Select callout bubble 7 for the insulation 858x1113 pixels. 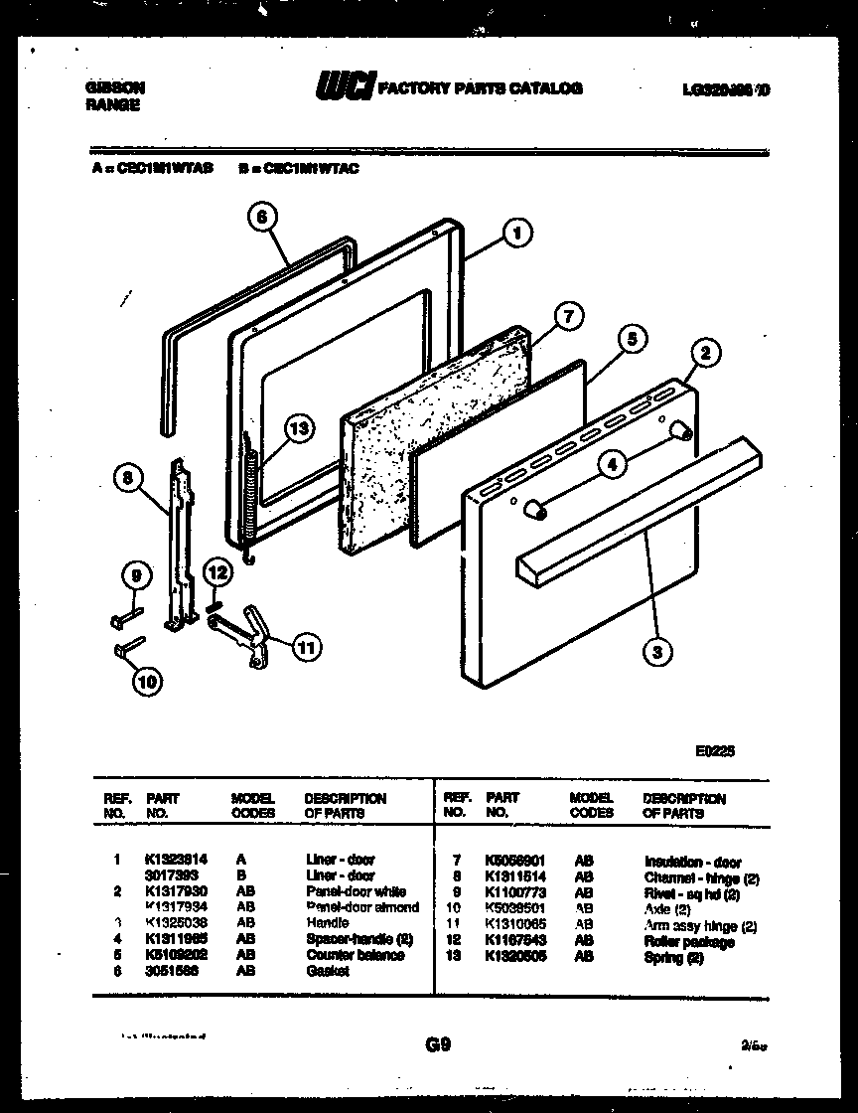(565, 317)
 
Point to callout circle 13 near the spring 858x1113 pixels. (297, 428)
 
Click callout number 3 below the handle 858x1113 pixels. (655, 652)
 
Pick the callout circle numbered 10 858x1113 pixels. (148, 681)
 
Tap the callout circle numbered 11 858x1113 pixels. (308, 647)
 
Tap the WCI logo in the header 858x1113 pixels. (343, 89)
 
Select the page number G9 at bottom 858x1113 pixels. (438, 1044)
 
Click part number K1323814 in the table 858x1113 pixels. (177, 860)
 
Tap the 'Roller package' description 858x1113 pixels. (689, 942)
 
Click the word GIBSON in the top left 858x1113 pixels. (106, 87)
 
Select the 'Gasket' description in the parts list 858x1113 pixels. (328, 971)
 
